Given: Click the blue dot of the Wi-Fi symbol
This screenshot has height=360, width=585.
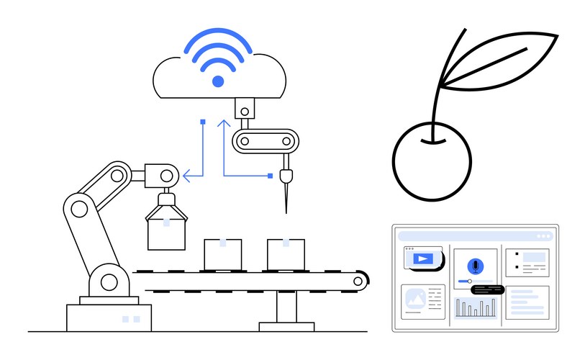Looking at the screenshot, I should (217, 81).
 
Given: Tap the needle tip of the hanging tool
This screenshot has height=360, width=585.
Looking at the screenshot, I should (286, 210).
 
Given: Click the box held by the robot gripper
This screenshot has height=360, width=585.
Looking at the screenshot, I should (166, 231).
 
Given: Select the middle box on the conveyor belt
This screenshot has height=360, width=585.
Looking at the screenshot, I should (222, 253).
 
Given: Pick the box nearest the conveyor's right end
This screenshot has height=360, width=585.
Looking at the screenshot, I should (286, 253).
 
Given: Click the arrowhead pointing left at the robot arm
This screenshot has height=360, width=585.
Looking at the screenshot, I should (186, 174).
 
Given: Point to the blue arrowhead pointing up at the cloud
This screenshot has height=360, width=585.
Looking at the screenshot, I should (224, 123).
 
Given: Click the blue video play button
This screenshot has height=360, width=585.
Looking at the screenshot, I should (423, 258).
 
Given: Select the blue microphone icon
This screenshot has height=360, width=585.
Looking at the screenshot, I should (475, 265).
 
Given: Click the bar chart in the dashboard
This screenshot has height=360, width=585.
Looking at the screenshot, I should (475, 308).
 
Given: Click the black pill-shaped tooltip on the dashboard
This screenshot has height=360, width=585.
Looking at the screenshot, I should (487, 289).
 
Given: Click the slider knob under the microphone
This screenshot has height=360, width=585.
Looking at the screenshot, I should (470, 281).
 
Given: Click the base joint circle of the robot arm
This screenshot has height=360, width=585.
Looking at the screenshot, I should (108, 282).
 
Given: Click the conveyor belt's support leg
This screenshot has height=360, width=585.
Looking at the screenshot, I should (287, 310).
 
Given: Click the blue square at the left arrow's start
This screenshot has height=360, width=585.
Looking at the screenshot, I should (203, 122).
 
